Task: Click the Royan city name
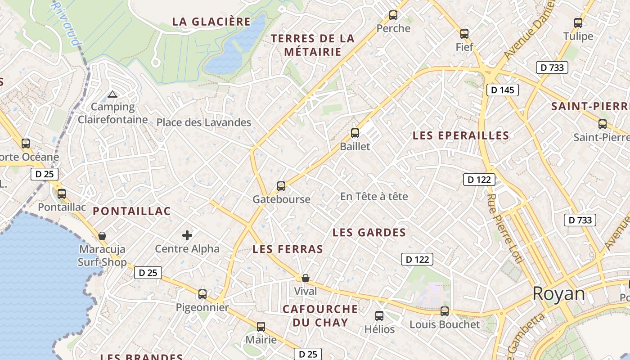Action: click(559, 294)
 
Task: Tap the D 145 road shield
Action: click(502, 90)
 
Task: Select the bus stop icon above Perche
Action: click(393, 15)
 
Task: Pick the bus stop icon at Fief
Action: click(464, 34)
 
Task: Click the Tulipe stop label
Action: click(578, 36)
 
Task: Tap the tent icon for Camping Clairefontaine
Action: click(112, 94)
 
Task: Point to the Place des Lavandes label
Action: click(203, 122)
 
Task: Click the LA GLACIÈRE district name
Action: click(211, 22)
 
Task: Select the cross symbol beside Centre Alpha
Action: click(187, 235)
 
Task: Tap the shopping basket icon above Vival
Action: click(306, 278)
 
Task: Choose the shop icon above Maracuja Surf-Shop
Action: click(102, 236)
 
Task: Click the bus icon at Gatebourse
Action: click(281, 186)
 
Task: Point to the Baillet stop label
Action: click(355, 146)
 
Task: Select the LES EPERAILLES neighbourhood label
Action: click(461, 135)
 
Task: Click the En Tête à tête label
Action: click(374, 197)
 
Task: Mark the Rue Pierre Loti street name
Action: click(504, 228)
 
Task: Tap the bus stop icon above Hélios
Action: click(379, 316)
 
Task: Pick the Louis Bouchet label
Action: click(445, 324)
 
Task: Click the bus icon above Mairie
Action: click(261, 327)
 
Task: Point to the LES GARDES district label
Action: click(369, 233)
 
